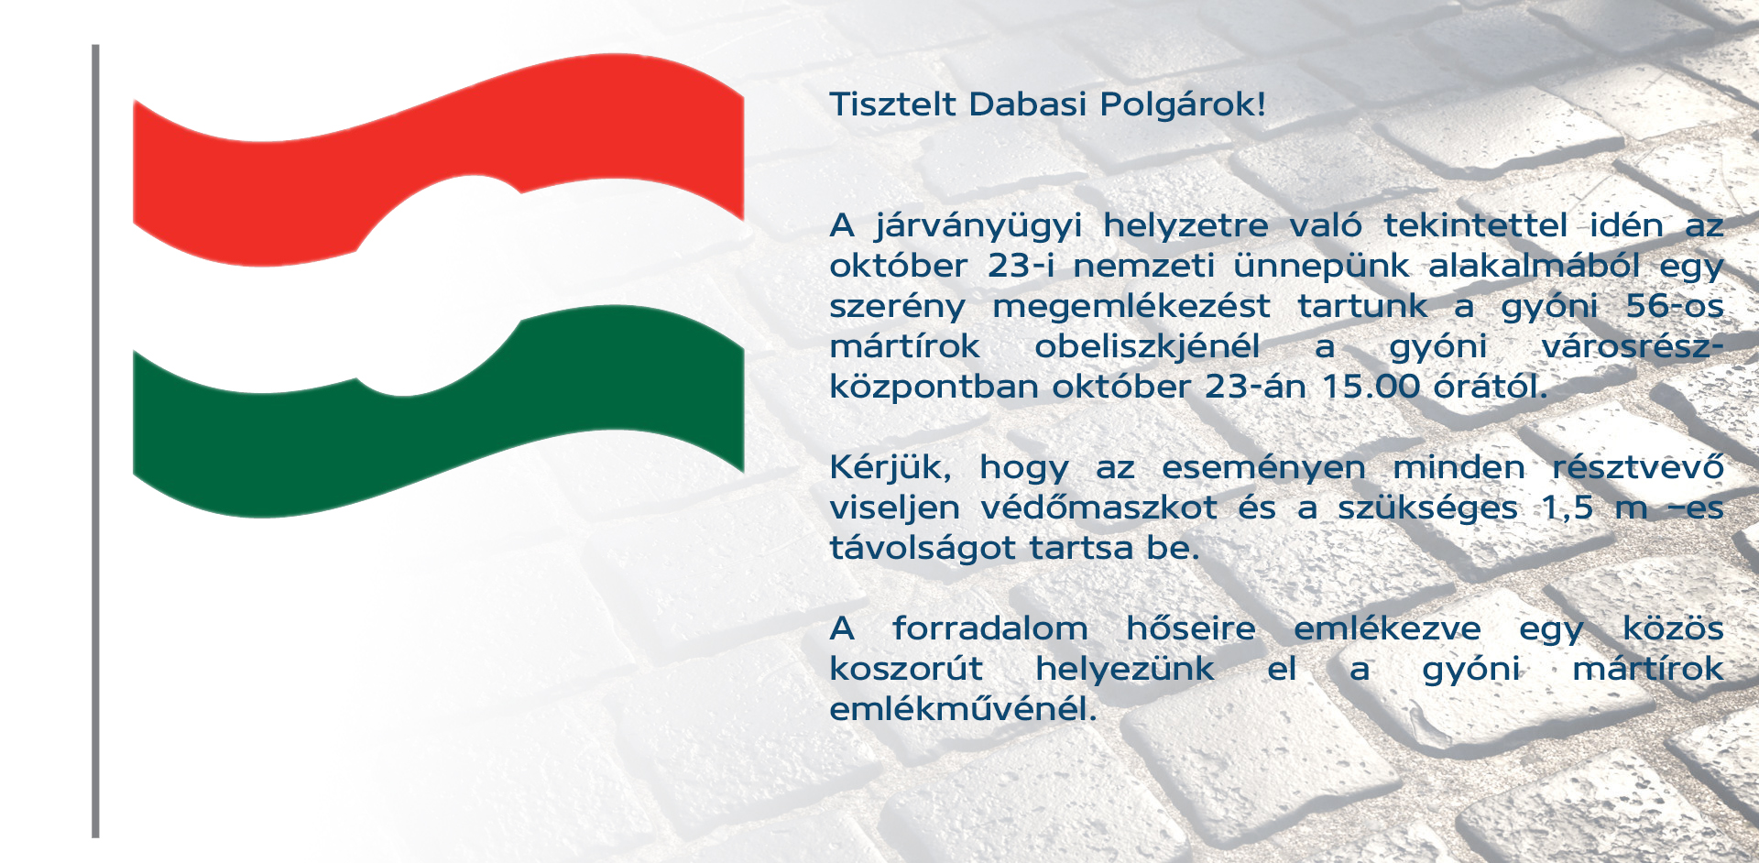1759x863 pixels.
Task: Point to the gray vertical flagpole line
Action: click(x=95, y=441)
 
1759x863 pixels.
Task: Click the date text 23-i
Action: click(x=1021, y=266)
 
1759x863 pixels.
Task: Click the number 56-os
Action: click(x=1675, y=306)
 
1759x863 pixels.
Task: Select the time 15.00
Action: click(x=1371, y=387)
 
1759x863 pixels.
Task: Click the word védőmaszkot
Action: click(x=1099, y=508)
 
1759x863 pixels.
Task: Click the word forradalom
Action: click(x=990, y=628)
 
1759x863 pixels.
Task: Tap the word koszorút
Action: click(x=906, y=669)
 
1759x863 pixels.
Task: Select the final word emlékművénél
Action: click(x=963, y=709)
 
